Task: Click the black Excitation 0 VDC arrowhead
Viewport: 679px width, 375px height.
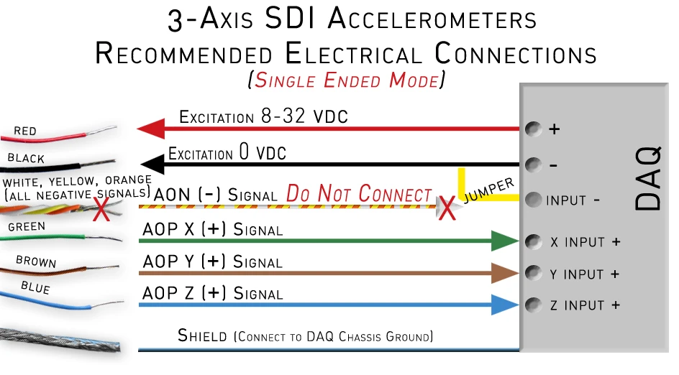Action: click(148, 164)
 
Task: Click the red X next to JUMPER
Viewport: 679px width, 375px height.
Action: click(447, 208)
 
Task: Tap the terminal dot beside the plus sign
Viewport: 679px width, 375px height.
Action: click(534, 130)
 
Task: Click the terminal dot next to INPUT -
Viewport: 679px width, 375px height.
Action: click(534, 199)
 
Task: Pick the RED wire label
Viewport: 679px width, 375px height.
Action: click(25, 131)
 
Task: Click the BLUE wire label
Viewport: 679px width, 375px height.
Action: click(36, 288)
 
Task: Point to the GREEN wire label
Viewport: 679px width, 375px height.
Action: click(27, 227)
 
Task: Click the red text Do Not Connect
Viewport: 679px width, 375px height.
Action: click(359, 194)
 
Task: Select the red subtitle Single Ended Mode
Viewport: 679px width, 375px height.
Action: click(345, 80)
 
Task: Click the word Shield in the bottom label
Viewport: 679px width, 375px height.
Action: click(202, 335)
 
